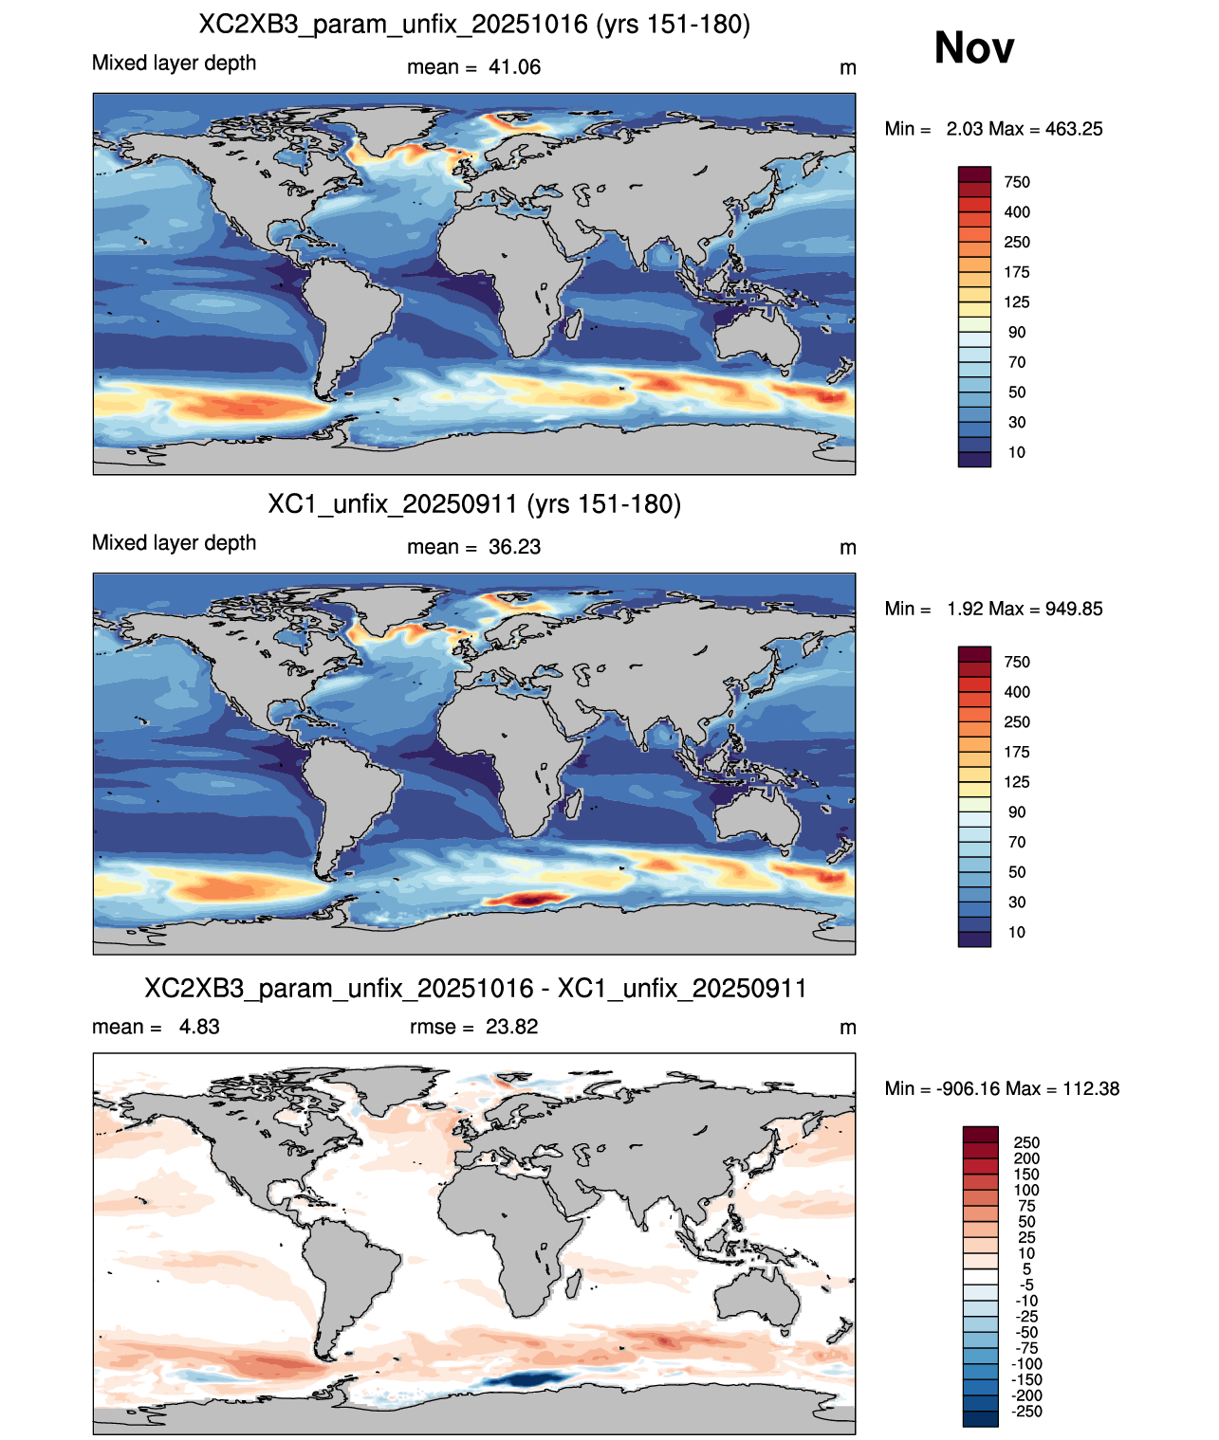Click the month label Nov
pos(973,47)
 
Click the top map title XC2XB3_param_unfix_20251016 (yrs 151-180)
pos(474,25)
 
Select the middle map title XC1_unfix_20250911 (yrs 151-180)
pos(474,503)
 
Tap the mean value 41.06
pos(514,67)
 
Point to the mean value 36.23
pos(514,547)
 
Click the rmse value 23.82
pos(511,1027)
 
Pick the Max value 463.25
pos(1073,129)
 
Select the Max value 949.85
pos(1073,609)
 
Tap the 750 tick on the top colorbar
pos(1017,182)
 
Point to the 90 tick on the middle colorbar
pos(1017,811)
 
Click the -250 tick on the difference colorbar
pos(1026,1412)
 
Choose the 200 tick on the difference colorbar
pos(1026,1158)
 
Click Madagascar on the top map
pos(573,324)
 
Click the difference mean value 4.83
pos(199,1027)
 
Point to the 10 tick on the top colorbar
pos(1017,452)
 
